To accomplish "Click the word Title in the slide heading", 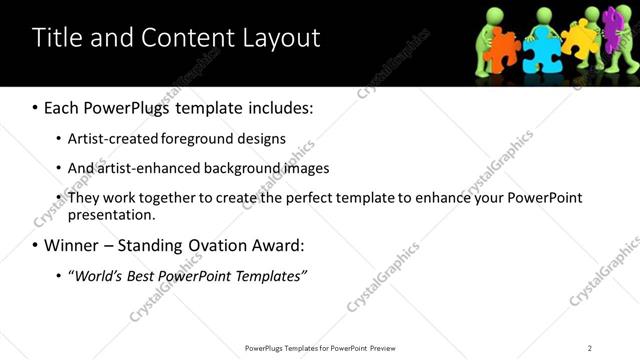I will [55, 38].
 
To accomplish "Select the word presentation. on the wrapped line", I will [111, 214].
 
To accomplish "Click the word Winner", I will [72, 245].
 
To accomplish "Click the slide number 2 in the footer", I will [589, 348].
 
